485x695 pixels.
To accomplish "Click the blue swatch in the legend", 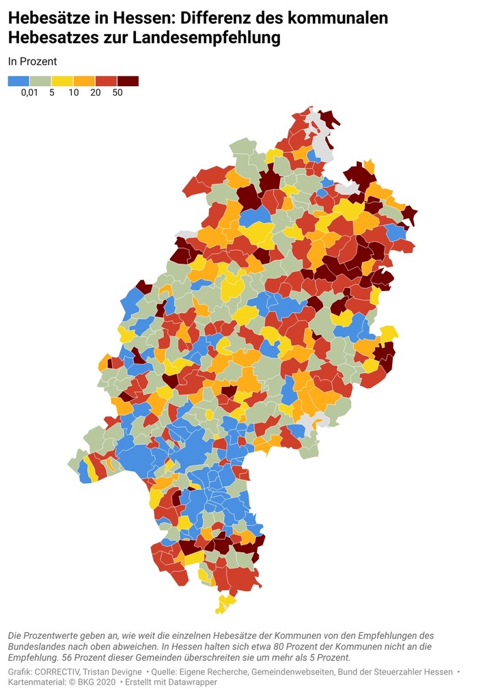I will (x=18, y=81).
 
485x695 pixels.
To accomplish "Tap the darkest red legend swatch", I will (x=128, y=81).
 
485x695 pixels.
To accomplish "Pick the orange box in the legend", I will (x=84, y=81).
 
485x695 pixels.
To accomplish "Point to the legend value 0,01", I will (x=30, y=94).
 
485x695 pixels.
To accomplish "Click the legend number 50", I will (x=117, y=94).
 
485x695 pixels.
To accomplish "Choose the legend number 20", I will (x=95, y=94).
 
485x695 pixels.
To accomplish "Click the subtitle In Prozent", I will (x=32, y=61).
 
